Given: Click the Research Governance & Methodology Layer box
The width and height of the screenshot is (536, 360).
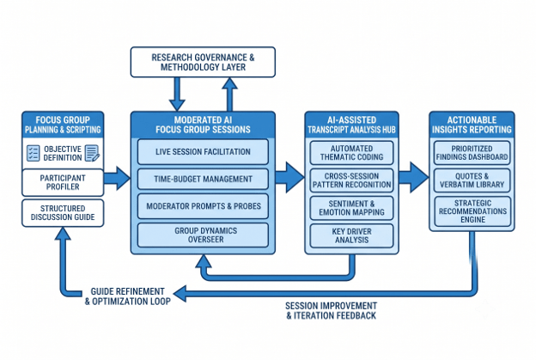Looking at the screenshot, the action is click(x=203, y=62).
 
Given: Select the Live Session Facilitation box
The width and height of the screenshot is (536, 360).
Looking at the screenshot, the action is click(x=203, y=152).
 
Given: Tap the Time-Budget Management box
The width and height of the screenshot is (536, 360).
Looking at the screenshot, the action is click(x=203, y=179).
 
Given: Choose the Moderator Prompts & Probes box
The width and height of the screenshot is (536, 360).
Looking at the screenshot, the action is click(x=203, y=206).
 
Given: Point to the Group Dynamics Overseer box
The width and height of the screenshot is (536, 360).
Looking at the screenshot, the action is click(x=203, y=235).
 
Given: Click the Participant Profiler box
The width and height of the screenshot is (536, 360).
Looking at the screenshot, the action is click(x=63, y=182).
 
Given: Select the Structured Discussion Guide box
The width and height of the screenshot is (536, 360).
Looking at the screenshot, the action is click(x=63, y=213).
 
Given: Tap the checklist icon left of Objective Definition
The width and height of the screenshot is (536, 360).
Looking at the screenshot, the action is click(x=33, y=153).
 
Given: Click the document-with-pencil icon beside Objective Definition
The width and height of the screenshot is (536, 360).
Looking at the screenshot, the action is click(x=92, y=153).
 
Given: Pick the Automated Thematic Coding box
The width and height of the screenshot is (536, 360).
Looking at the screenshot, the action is click(x=351, y=153).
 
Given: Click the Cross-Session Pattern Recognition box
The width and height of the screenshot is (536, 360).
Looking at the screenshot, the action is click(x=351, y=180).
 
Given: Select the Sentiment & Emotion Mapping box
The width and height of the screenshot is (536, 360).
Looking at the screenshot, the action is click(x=351, y=208).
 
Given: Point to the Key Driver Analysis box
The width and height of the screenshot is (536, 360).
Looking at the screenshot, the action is click(x=351, y=235).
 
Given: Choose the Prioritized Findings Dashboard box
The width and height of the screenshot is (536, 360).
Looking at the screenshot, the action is click(x=472, y=153).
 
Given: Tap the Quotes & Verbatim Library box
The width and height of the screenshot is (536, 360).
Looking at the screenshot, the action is click(x=472, y=180).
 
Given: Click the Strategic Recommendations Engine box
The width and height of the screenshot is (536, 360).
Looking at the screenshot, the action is click(x=472, y=211).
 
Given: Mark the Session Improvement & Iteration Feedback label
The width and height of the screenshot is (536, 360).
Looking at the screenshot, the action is click(x=331, y=310).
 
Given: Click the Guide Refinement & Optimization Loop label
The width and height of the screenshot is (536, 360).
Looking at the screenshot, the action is click(x=127, y=296).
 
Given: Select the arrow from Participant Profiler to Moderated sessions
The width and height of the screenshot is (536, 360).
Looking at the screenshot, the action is click(x=117, y=178).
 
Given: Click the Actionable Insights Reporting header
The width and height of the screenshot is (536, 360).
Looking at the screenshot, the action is click(x=472, y=125).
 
